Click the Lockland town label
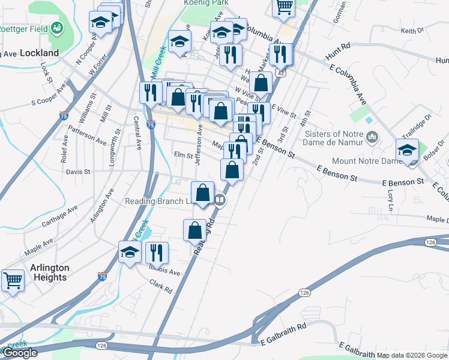click(39, 53)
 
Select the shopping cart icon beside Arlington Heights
click(13, 280)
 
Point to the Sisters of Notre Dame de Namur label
click(334, 138)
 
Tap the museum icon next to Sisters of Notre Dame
click(372, 138)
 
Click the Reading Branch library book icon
click(220, 201)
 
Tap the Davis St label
click(78, 172)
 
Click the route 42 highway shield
click(281, 71)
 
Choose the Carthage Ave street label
click(60, 217)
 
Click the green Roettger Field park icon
click(57, 27)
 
